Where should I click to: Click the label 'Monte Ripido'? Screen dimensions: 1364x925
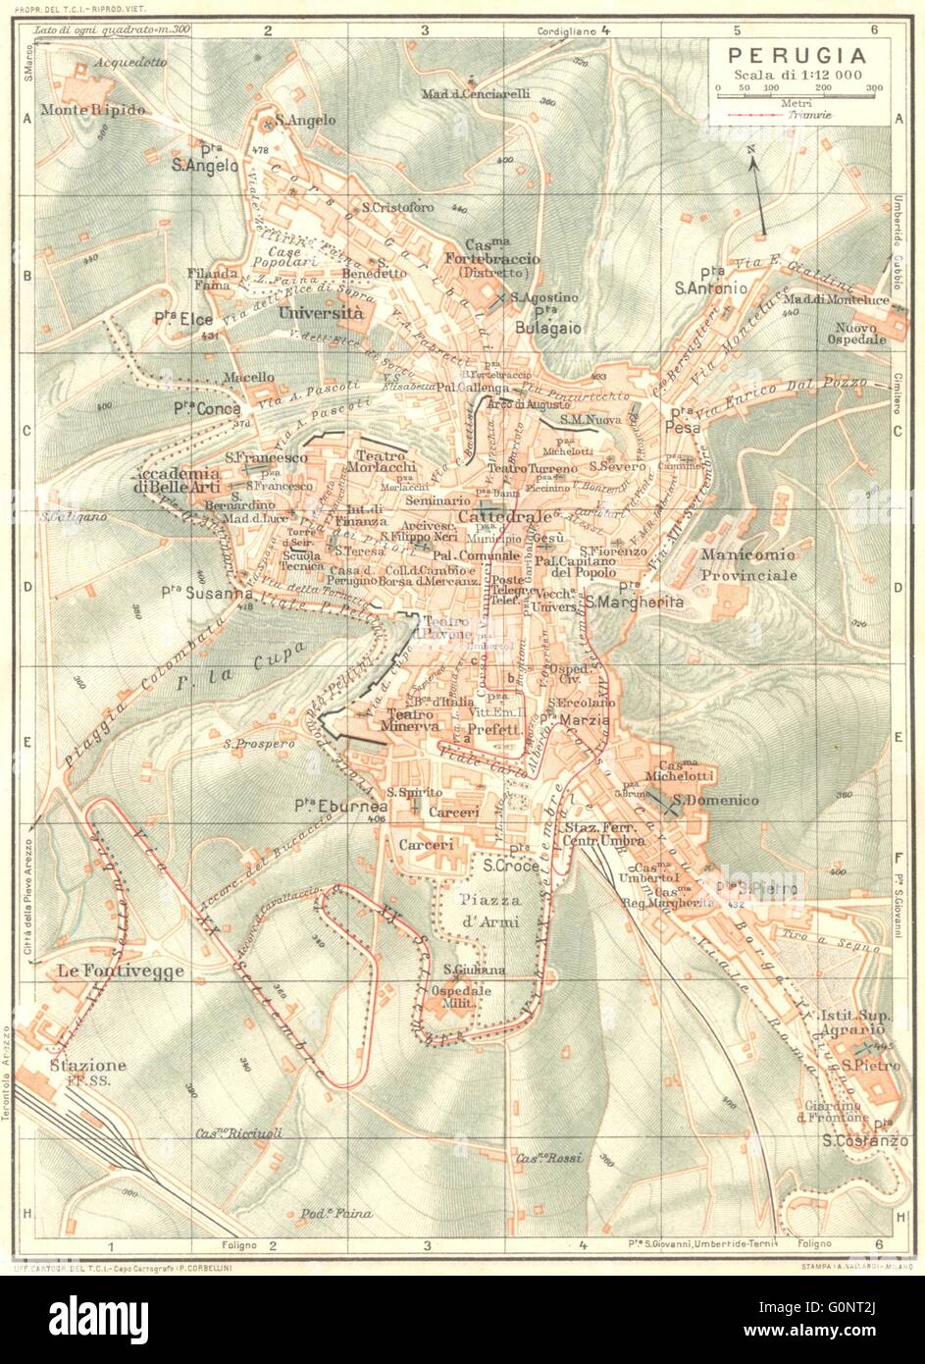(x=93, y=110)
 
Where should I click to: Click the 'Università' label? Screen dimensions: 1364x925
(x=321, y=313)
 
